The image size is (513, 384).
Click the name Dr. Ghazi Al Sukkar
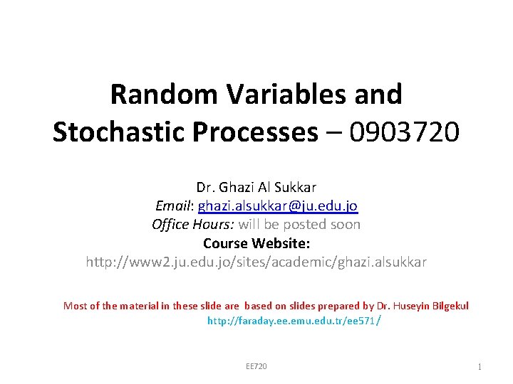point(256,187)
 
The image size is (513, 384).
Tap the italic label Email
point(174,206)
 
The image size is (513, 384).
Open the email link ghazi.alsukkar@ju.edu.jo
point(278,206)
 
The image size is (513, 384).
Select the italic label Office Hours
point(192,224)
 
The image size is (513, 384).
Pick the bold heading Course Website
point(256,243)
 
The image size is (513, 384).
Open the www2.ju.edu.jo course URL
point(256,262)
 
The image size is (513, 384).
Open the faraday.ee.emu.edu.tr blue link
point(292,321)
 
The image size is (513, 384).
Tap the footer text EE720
point(256,366)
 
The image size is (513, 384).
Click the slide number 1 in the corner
point(480,366)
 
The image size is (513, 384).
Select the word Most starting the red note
point(75,306)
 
